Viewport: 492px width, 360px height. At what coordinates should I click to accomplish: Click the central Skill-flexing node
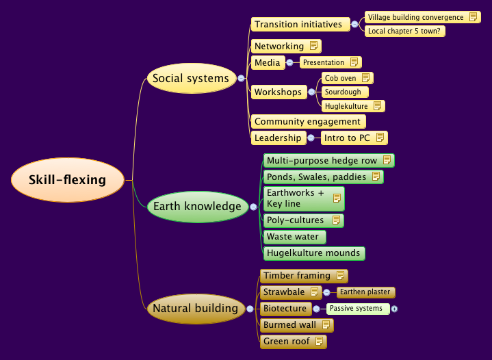pyautogui.click(x=67, y=180)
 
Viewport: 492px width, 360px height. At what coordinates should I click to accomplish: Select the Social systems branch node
pyautogui.click(x=190, y=78)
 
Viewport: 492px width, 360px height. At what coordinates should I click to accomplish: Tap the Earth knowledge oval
pyautogui.click(x=197, y=206)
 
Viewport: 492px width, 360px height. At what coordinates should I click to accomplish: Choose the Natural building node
pyautogui.click(x=195, y=308)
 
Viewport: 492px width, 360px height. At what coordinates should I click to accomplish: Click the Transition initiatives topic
pyautogui.click(x=298, y=25)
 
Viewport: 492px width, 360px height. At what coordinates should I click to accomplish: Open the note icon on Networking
pyautogui.click(x=313, y=46)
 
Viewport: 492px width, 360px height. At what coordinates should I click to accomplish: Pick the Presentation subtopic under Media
pyautogui.click(x=324, y=62)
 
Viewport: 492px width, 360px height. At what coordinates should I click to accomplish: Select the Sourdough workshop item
pyautogui.click(x=343, y=92)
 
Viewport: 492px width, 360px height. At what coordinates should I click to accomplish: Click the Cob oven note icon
pyautogui.click(x=366, y=78)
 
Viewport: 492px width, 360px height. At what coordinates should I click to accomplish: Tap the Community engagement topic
pyautogui.click(x=307, y=121)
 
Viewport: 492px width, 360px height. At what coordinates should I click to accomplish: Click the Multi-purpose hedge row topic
pyautogui.click(x=322, y=160)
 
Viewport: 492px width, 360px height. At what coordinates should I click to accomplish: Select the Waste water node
pyautogui.click(x=292, y=237)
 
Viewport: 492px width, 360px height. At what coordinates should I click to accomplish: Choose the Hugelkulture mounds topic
pyautogui.click(x=313, y=253)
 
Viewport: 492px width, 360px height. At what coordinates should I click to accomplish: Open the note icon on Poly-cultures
pyautogui.click(x=336, y=220)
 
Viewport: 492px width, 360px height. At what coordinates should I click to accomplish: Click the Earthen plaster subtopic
pyautogui.click(x=365, y=292)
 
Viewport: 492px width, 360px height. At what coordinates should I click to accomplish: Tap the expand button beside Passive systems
pyautogui.click(x=394, y=309)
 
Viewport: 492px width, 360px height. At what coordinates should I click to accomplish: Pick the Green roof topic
pyautogui.click(x=287, y=342)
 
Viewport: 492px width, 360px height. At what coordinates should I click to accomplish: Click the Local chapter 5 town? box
pyautogui.click(x=404, y=31)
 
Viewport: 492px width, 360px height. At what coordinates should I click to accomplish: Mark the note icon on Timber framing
pyautogui.click(x=340, y=276)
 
